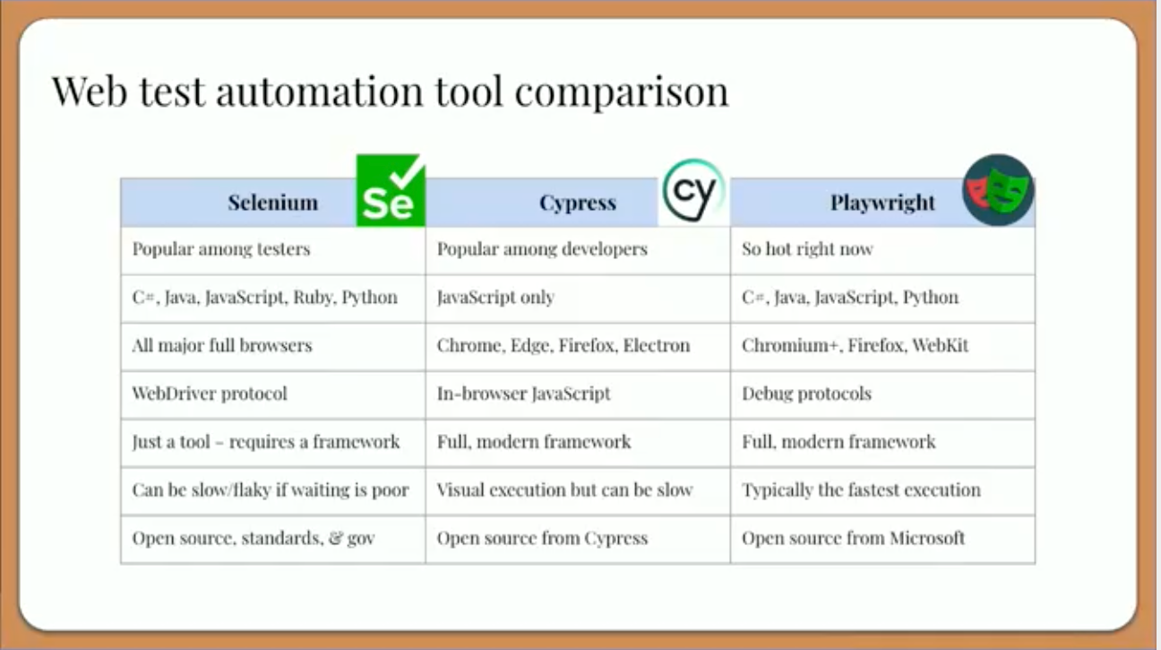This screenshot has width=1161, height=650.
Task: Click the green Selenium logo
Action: tap(391, 190)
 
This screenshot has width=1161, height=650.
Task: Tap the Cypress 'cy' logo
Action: tap(693, 191)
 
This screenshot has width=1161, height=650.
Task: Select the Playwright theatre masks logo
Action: tap(998, 190)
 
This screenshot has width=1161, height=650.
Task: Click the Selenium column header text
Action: tap(273, 203)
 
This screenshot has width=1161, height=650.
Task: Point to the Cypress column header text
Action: tap(578, 203)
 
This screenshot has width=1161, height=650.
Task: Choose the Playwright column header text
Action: tap(882, 203)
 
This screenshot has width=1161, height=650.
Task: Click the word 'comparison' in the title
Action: tap(622, 92)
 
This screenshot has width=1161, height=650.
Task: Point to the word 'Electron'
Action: tap(657, 345)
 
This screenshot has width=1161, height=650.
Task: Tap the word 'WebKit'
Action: tap(941, 345)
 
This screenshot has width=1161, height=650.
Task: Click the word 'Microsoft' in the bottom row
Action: tap(927, 538)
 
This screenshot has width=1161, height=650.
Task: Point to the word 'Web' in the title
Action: tap(90, 91)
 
